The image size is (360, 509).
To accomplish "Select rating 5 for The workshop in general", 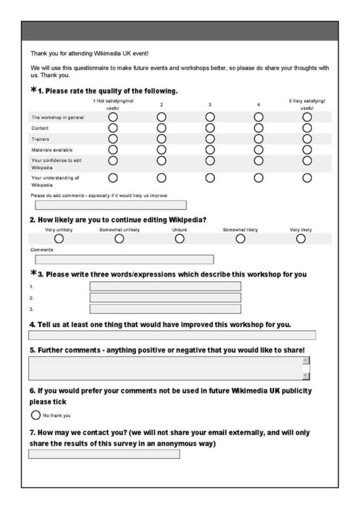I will pos(307,117).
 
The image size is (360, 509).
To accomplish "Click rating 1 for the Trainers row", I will pos(113,139).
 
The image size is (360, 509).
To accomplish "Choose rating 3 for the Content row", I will pos(210,128).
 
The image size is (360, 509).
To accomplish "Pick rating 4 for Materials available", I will pos(259,149).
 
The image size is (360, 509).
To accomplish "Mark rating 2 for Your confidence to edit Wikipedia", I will pos(161,161).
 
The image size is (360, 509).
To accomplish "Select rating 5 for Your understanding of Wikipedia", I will pos(307,178).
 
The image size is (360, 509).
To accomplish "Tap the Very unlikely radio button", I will pos(59,239).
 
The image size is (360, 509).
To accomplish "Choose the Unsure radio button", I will pos(179,239).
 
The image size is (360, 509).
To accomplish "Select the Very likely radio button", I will pos(301,239).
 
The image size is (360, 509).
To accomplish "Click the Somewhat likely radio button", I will pos(241,239).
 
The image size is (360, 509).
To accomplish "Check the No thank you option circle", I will pos(36,415).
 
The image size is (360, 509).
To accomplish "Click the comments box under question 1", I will pos(110,205).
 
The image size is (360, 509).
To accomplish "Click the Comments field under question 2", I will pos(125,260).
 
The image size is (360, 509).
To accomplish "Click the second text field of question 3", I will pos(165,297).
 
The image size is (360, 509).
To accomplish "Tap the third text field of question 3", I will pos(165,309).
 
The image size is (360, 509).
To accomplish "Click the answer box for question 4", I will pos(172,335).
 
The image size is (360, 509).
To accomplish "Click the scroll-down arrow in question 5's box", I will pos(306,376).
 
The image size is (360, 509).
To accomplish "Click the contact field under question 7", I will pos(104,454).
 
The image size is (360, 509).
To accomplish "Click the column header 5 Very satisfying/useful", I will pos(307,104).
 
